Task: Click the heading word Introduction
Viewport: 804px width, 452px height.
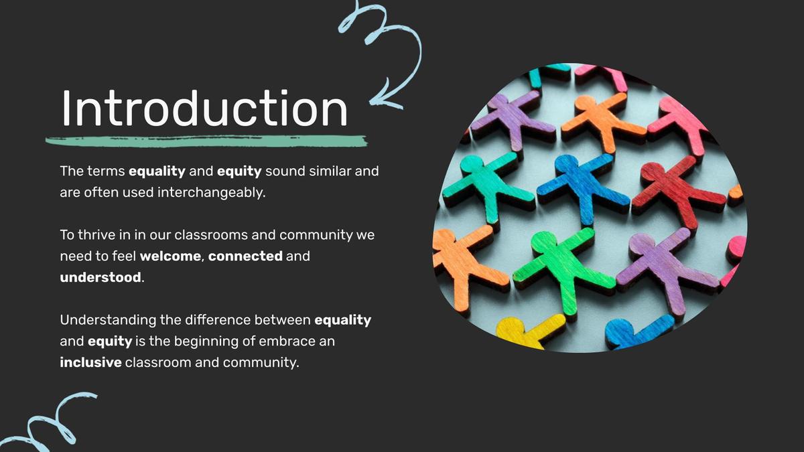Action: pyautogui.click(x=204, y=108)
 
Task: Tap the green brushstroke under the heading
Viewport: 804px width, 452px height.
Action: pyautogui.click(x=206, y=141)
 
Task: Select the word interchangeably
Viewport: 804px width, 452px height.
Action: pyautogui.click(x=212, y=193)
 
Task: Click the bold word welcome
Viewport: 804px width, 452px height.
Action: pyautogui.click(x=170, y=256)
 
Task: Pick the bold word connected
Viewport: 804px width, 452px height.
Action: pyautogui.click(x=245, y=256)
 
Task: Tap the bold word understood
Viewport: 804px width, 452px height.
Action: pyautogui.click(x=100, y=277)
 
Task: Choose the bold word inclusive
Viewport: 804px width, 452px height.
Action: pyautogui.click(x=91, y=362)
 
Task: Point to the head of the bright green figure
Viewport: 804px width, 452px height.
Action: pyautogui.click(x=544, y=241)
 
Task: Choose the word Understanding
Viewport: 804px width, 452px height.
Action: pyautogui.click(x=108, y=320)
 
